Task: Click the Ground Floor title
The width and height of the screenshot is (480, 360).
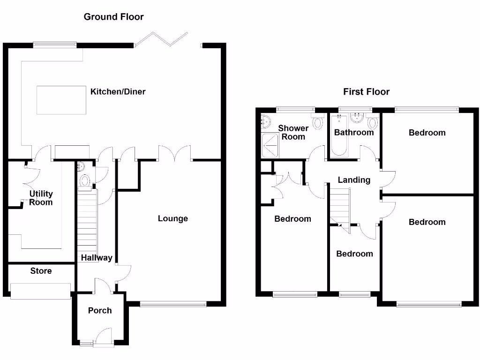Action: click(x=113, y=17)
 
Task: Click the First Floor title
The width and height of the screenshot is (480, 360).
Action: click(x=366, y=92)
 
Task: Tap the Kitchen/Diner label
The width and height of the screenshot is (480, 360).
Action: click(x=118, y=92)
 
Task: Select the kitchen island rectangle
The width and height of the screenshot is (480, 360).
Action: click(x=61, y=100)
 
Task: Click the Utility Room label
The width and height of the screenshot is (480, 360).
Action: click(x=41, y=198)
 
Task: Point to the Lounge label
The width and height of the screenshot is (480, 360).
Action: click(x=172, y=218)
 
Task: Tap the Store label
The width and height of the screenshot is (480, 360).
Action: click(x=41, y=271)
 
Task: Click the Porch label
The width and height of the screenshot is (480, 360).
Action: click(x=100, y=310)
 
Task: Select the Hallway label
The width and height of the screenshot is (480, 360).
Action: click(x=97, y=258)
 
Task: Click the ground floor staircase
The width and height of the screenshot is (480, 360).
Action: click(x=87, y=220)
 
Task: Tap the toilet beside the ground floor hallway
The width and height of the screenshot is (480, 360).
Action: click(x=85, y=180)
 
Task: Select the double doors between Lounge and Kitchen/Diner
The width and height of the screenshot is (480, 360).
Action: click(x=174, y=153)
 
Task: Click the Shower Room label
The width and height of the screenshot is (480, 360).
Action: click(x=293, y=132)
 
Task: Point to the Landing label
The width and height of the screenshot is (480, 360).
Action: click(x=354, y=180)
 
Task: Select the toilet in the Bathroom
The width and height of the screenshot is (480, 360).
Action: click(x=373, y=123)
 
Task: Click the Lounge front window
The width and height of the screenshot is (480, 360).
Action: click(x=172, y=305)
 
